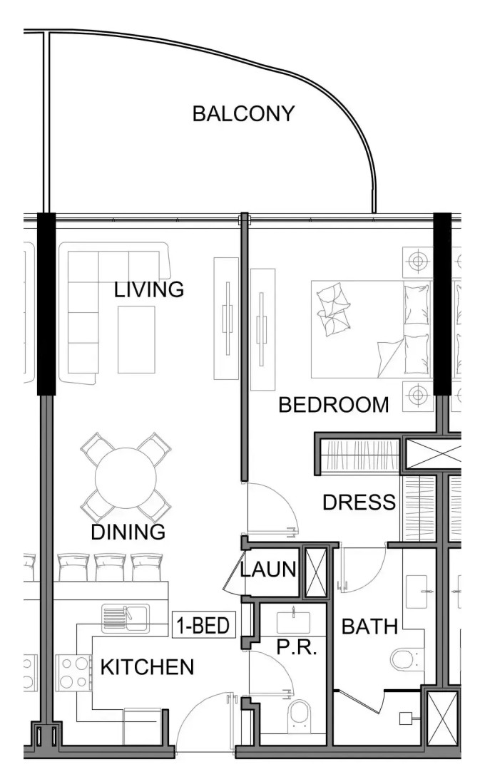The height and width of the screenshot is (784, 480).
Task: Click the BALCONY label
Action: [x=243, y=114]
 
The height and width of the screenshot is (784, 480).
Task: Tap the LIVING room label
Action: [x=148, y=289]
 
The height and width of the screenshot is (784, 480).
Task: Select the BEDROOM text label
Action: [x=333, y=405]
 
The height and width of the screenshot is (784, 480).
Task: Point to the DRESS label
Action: [x=359, y=502]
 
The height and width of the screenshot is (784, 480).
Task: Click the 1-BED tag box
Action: [x=203, y=625]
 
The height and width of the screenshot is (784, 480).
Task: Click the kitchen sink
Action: [x=126, y=617]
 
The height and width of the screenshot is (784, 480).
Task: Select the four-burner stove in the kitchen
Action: [x=73, y=673]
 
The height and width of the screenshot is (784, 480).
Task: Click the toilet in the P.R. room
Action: [x=300, y=716]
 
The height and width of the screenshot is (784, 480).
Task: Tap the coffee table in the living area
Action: [x=136, y=339]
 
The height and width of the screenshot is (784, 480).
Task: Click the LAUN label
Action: [x=268, y=569]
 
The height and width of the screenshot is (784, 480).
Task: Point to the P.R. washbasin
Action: [x=293, y=621]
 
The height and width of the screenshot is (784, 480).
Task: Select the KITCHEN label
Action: [x=147, y=667]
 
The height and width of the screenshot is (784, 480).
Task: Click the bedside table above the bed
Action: [x=417, y=260]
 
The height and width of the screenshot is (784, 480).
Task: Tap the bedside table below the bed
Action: [x=417, y=396]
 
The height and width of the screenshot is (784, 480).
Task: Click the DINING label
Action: [x=128, y=532]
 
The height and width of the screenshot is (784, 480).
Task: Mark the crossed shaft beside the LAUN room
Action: [x=316, y=572]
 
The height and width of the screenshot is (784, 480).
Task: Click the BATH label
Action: [x=369, y=626]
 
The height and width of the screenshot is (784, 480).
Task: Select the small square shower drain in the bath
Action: [x=405, y=718]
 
